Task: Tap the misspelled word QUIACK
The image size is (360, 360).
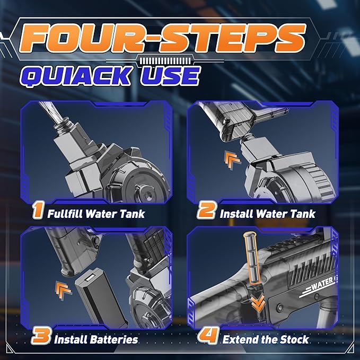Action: click(76, 76)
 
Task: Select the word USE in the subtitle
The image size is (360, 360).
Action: click(170, 76)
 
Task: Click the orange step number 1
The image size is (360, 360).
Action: click(38, 210)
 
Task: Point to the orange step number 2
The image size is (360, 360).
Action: click(206, 210)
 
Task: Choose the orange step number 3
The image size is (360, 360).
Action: click(41, 336)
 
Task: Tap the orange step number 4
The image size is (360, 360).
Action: click(208, 336)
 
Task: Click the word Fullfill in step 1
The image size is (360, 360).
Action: click(65, 214)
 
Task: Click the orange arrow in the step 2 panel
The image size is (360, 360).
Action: click(232, 161)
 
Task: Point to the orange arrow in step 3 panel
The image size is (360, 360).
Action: click(63, 290)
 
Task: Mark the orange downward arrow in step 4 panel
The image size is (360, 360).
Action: click(258, 303)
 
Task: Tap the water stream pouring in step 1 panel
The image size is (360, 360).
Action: click(51, 112)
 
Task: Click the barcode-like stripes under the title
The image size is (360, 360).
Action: click(165, 61)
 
